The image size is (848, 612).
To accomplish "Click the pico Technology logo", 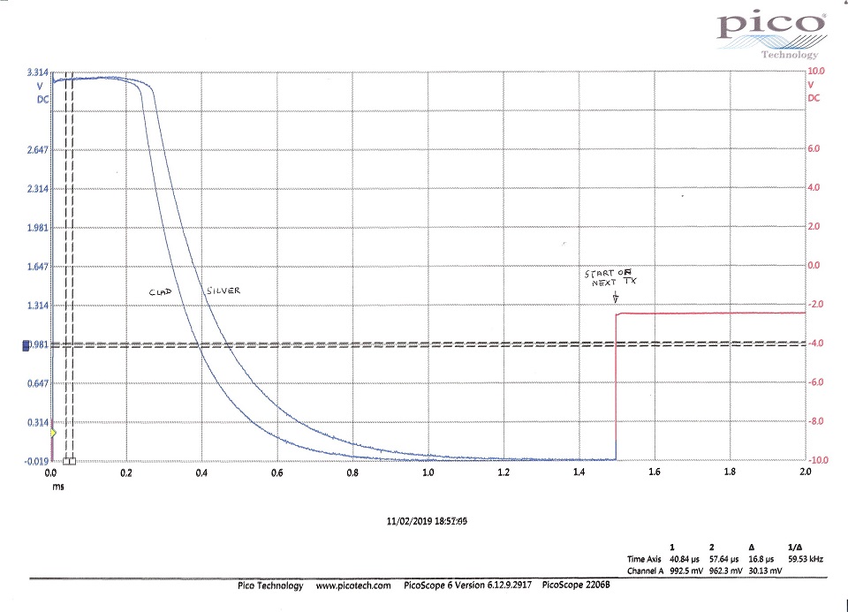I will pyautogui.click(x=771, y=33).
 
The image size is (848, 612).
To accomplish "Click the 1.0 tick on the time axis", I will pyautogui.click(x=428, y=472).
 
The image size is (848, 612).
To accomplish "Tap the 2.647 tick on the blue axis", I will pyautogui.click(x=36, y=149).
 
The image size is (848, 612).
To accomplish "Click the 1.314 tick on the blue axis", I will pyautogui.click(x=36, y=306).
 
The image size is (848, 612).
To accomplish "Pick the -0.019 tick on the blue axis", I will pyautogui.click(x=36, y=460).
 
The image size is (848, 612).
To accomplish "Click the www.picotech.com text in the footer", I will pyautogui.click(x=353, y=586).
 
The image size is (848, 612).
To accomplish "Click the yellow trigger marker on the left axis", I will pyautogui.click(x=53, y=433).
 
